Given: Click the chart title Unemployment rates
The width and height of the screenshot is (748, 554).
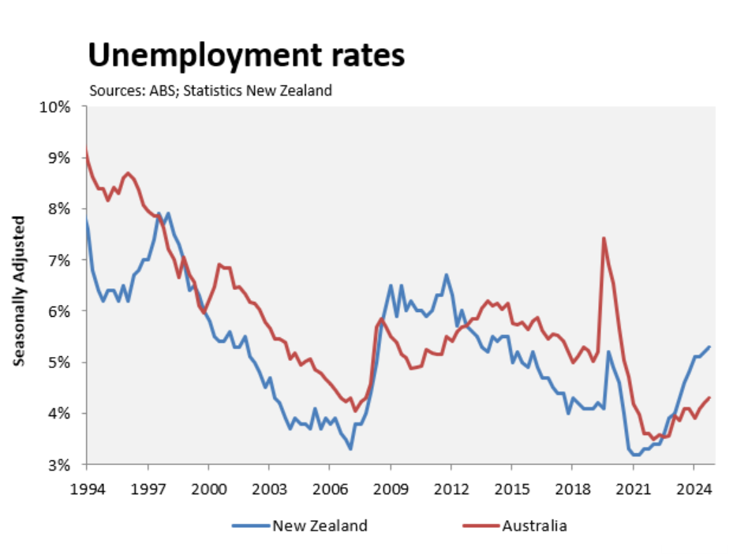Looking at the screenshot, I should pyautogui.click(x=246, y=56).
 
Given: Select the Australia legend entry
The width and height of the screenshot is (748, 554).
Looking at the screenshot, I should pyautogui.click(x=534, y=526).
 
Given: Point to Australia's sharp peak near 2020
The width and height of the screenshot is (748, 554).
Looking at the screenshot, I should pyautogui.click(x=604, y=238).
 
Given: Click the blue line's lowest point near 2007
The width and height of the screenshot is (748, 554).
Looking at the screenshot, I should pyautogui.click(x=350, y=449).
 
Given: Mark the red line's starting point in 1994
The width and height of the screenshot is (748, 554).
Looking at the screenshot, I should pyautogui.click(x=86, y=150).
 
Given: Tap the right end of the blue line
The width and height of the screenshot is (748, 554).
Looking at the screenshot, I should pyautogui.click(x=709, y=347).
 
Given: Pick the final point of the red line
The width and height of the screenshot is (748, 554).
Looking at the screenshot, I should pyautogui.click(x=709, y=397).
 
